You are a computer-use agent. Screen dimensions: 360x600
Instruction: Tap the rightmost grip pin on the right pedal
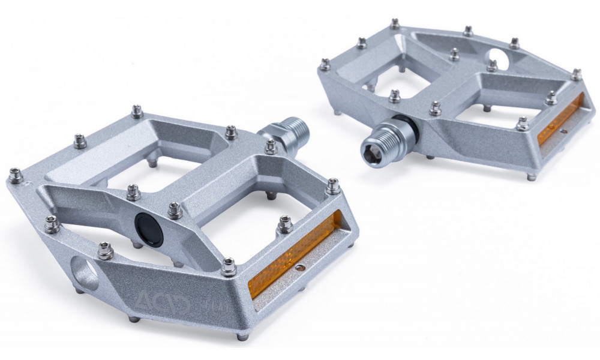(x=577, y=74)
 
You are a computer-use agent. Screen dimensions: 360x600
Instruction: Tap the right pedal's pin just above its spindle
(x=394, y=95)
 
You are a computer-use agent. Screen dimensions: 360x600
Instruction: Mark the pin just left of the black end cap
(x=133, y=193)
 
